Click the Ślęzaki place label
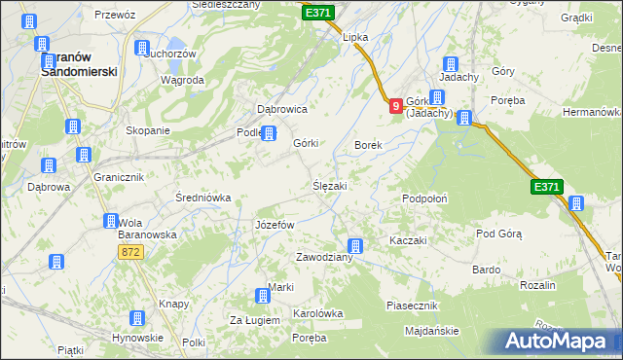point(329,185)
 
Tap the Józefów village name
point(274,225)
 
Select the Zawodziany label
point(324,258)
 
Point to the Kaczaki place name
point(409,239)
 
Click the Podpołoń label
point(424,198)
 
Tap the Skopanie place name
point(148,130)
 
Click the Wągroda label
point(182,80)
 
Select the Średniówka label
point(202,198)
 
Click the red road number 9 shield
point(395,107)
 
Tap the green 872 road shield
point(131,252)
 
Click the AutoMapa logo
point(559,341)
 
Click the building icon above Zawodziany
point(356,246)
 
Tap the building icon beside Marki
point(262,297)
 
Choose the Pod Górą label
point(499,234)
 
